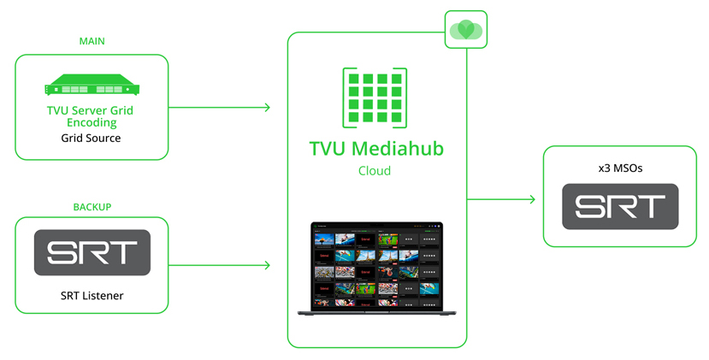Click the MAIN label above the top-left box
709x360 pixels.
pyautogui.click(x=92, y=41)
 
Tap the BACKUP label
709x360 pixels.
pyautogui.click(x=92, y=207)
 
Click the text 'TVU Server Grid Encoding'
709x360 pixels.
pyautogui.click(x=91, y=116)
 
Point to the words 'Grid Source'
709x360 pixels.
pyautogui.click(x=91, y=138)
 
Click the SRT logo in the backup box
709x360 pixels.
pyautogui.click(x=92, y=252)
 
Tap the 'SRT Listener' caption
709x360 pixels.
pyautogui.click(x=92, y=295)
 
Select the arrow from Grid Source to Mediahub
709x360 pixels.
pyautogui.click(x=220, y=108)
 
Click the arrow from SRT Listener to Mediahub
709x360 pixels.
pyautogui.click(x=220, y=265)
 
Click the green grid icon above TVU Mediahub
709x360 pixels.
pyautogui.click(x=375, y=98)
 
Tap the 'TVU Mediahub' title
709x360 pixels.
pyautogui.click(x=376, y=148)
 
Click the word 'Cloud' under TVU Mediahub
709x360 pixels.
pyautogui.click(x=375, y=170)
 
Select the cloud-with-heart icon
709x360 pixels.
pyautogui.click(x=466, y=30)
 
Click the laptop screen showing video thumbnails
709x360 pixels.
pyautogui.click(x=376, y=266)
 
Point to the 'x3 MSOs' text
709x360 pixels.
pyautogui.click(x=620, y=168)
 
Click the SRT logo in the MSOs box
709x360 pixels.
pyautogui.click(x=620, y=206)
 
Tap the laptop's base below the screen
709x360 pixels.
pyautogui.click(x=376, y=313)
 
